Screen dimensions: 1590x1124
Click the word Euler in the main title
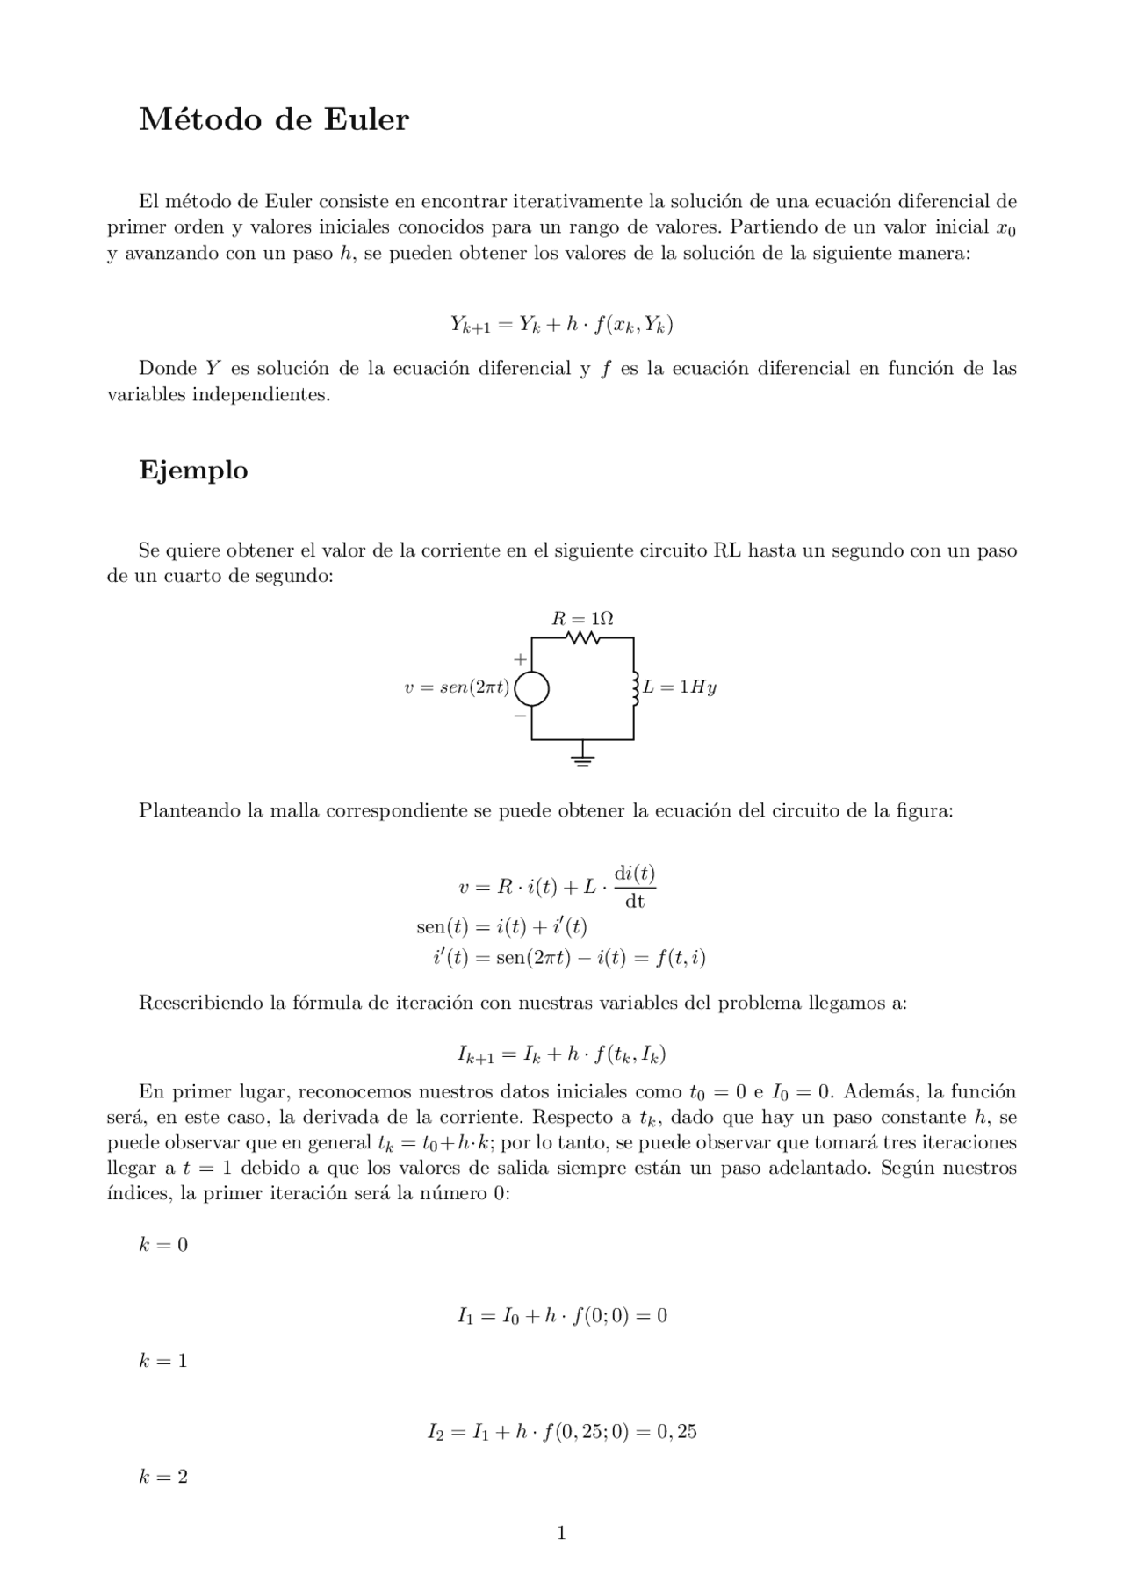point(366,120)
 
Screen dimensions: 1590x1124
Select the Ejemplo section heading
point(193,471)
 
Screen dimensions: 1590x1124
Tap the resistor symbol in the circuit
point(583,638)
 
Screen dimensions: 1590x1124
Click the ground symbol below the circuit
point(583,759)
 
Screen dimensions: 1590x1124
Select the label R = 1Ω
point(582,618)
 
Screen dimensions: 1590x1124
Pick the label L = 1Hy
point(680,687)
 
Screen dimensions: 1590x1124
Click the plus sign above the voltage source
point(520,658)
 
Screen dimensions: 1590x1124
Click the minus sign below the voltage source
point(520,716)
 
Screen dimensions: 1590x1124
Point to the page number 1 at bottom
point(561,1534)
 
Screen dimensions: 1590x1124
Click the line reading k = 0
point(163,1245)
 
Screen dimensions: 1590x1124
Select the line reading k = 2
point(163,1477)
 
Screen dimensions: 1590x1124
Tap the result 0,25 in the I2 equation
point(677,1432)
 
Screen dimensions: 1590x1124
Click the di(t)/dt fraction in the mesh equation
point(634,888)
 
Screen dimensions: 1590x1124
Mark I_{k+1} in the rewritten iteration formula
point(476,1054)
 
